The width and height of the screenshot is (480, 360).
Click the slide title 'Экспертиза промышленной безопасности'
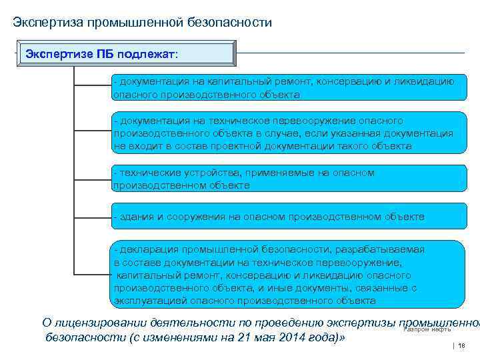coord(143,23)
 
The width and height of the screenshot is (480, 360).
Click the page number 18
coord(461,347)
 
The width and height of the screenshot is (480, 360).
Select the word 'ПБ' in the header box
coord(103,53)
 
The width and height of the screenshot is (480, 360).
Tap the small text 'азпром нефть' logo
coord(429,329)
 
